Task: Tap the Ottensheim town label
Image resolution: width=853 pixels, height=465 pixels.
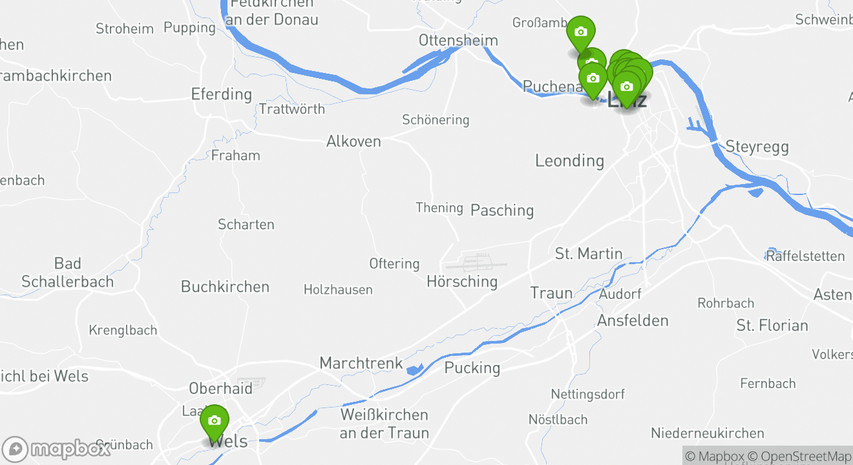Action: (458, 40)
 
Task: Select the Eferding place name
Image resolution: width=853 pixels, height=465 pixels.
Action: (222, 94)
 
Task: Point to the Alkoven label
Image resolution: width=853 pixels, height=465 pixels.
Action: (353, 141)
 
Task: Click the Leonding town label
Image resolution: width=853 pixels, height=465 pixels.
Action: (569, 160)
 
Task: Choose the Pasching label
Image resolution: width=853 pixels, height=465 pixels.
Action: (502, 210)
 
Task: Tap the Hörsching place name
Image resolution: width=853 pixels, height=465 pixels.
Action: (462, 282)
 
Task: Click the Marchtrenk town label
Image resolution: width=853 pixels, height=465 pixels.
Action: (361, 363)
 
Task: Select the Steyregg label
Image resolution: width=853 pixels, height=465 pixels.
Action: (757, 147)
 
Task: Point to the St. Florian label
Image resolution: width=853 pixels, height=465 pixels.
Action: (772, 325)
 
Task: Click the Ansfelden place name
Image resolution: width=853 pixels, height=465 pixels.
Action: (633, 320)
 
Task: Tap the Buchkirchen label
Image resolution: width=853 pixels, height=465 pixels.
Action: (225, 287)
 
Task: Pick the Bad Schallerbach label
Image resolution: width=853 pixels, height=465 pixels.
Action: (67, 273)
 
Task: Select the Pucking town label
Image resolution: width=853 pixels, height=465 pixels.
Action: (472, 368)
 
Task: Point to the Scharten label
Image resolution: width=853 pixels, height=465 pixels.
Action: (246, 225)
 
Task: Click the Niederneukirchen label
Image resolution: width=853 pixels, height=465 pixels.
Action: (707, 433)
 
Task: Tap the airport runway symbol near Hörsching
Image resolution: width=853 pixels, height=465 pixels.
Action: (476, 263)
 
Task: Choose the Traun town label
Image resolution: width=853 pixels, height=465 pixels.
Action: (551, 293)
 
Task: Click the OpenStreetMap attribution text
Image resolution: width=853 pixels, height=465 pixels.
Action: (806, 456)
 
